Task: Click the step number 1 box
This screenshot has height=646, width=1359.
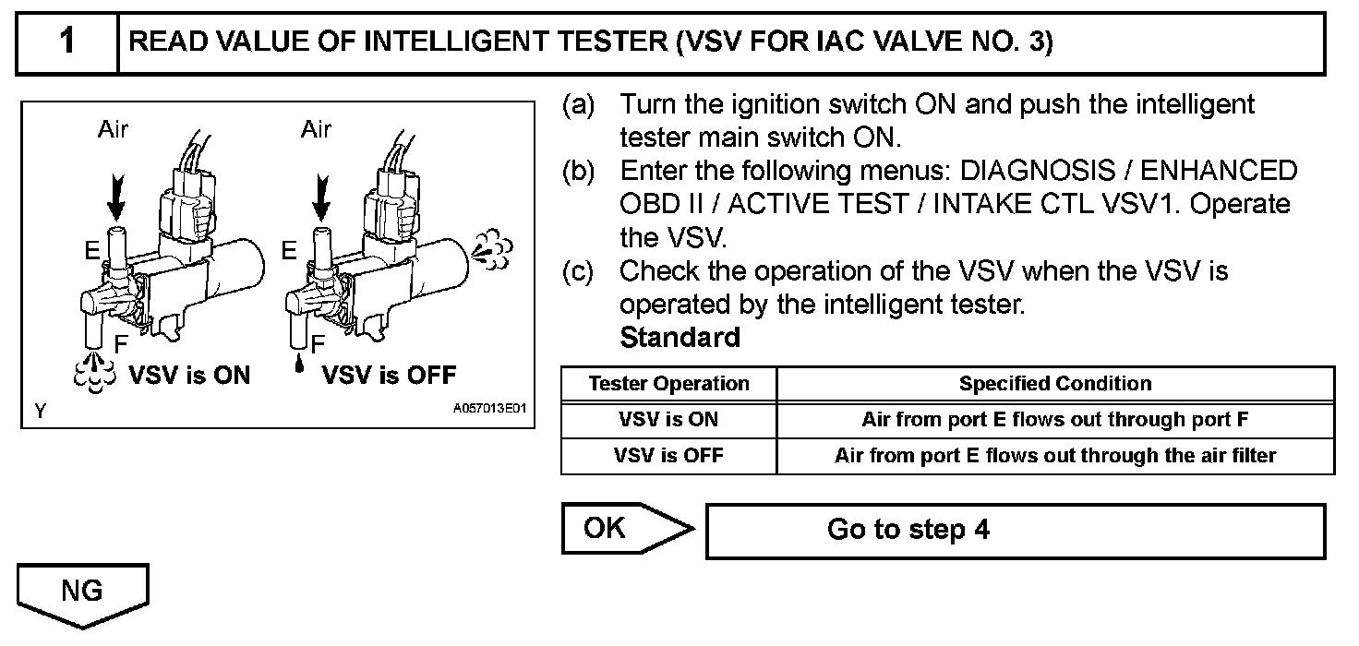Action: pos(67,43)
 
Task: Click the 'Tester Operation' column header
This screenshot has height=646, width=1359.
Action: pos(668,384)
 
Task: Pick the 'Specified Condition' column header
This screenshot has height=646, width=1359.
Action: pos(1055,384)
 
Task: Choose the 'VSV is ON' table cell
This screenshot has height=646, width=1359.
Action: pos(668,420)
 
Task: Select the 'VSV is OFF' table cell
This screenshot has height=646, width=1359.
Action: pos(668,456)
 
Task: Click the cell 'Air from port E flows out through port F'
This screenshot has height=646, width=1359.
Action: pos(1055,420)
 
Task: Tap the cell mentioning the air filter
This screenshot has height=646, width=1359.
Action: pos(1055,456)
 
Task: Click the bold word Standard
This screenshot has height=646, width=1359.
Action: pos(680,337)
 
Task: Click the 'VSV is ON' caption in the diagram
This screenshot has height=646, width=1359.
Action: pos(189,376)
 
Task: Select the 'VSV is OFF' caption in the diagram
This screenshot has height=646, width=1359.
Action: pos(389,376)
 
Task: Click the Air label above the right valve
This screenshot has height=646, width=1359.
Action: pos(316,130)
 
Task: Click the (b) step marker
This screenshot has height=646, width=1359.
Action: pos(579,171)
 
